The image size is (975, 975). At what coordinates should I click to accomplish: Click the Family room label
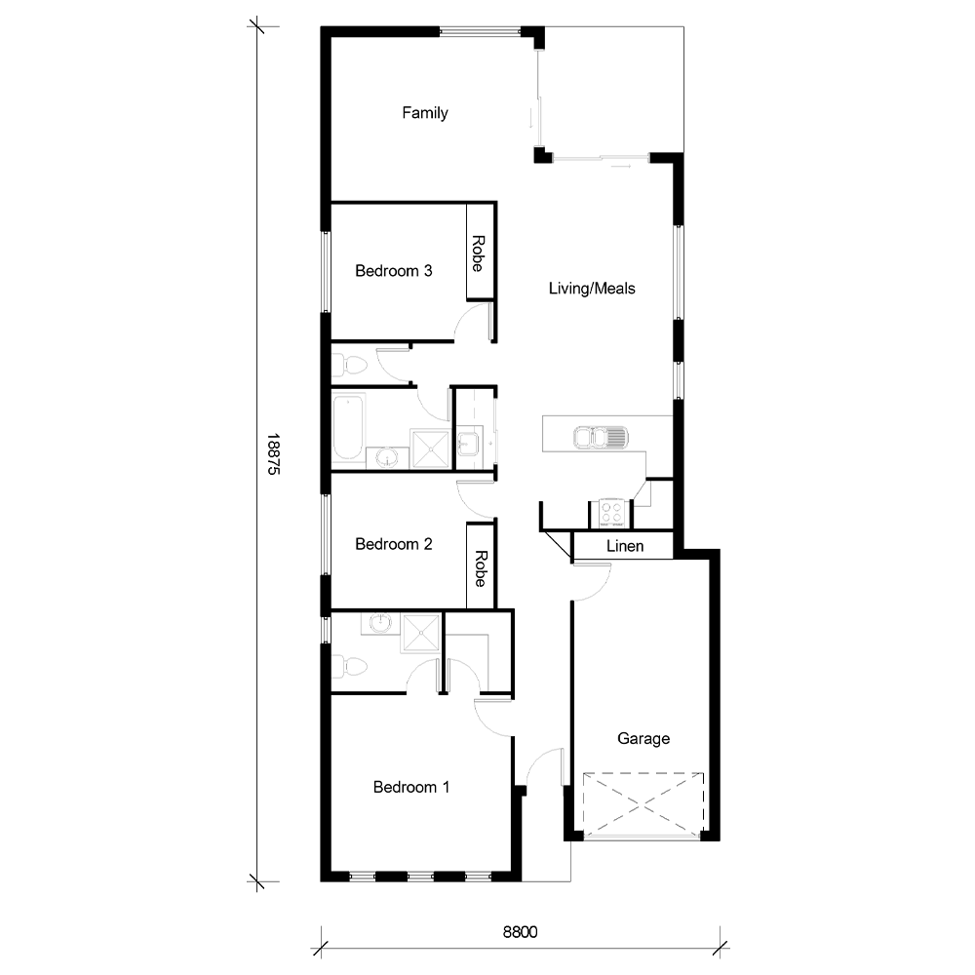(x=425, y=113)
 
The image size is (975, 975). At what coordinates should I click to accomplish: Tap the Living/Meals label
(x=592, y=289)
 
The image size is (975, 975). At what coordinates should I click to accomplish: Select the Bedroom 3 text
(x=393, y=271)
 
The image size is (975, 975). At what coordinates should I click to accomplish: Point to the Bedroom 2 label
(x=393, y=544)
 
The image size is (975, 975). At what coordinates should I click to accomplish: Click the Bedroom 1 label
(x=411, y=787)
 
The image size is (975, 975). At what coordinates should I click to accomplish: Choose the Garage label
(x=643, y=739)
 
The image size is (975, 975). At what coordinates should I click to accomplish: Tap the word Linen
(x=625, y=546)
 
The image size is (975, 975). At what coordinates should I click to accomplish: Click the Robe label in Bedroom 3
(x=479, y=253)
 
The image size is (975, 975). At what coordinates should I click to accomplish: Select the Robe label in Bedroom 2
(x=480, y=567)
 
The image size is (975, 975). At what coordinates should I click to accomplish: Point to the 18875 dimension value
(x=274, y=454)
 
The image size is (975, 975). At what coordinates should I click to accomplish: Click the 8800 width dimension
(x=521, y=931)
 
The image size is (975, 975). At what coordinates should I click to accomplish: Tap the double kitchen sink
(x=600, y=439)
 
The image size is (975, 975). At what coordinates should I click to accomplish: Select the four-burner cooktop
(x=611, y=512)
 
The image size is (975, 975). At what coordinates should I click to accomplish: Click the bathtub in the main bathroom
(x=348, y=426)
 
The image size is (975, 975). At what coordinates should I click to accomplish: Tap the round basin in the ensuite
(x=379, y=624)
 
